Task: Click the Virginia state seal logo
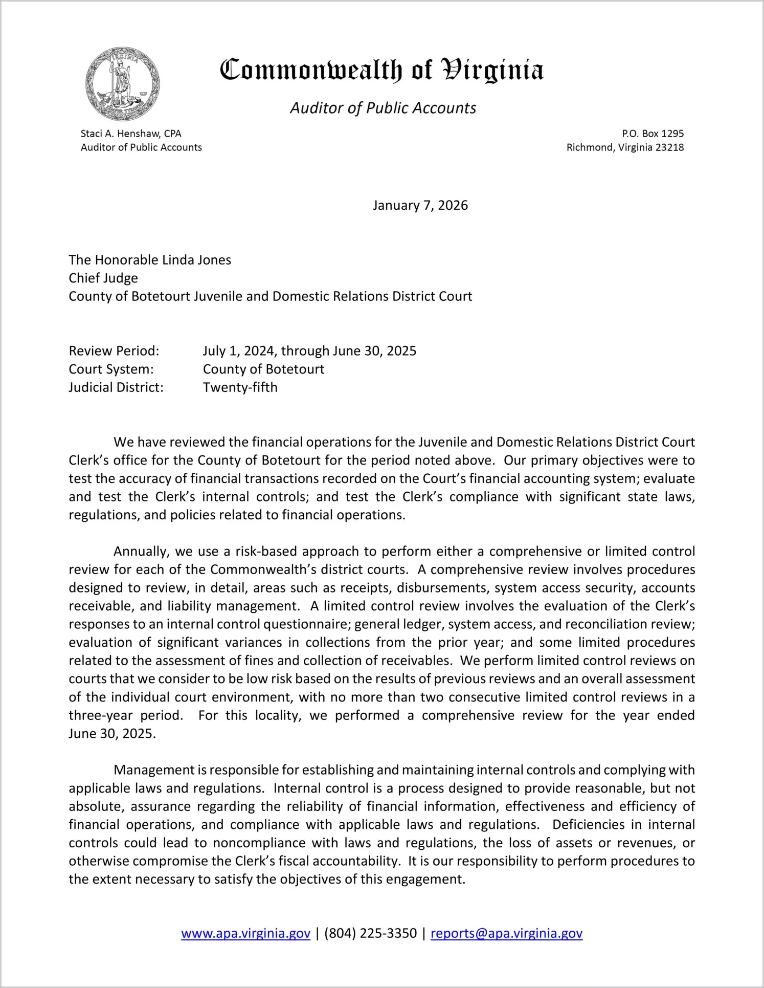[123, 84]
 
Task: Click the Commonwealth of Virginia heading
[381, 70]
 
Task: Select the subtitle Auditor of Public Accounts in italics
[383, 108]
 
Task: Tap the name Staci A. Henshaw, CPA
[131, 134]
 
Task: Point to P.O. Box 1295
[653, 134]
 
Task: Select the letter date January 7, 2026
[420, 205]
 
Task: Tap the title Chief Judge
[103, 278]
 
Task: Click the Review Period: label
[114, 351]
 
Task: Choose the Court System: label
[111, 369]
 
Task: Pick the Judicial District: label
[116, 387]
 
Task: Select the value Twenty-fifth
[240, 387]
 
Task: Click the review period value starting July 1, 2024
[309, 351]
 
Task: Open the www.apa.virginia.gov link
[245, 933]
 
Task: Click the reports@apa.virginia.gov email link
[506, 933]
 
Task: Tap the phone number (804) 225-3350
[370, 933]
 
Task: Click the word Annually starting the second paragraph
[141, 552]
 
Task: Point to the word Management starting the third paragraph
[154, 770]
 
